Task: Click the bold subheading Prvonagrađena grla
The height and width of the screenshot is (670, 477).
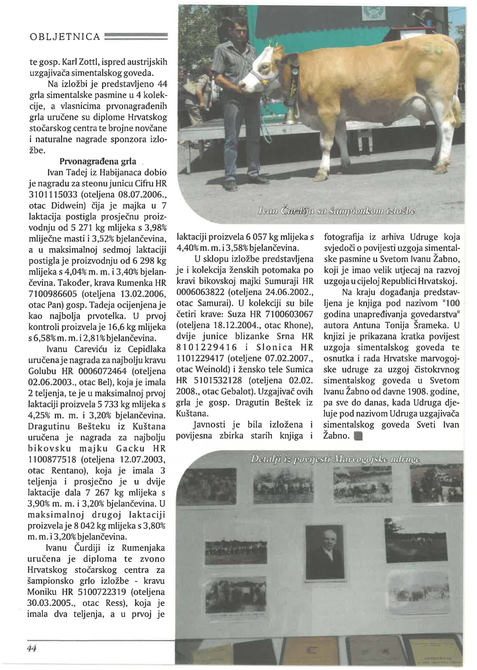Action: click(x=98, y=161)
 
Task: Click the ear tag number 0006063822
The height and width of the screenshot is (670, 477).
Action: click(x=200, y=292)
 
